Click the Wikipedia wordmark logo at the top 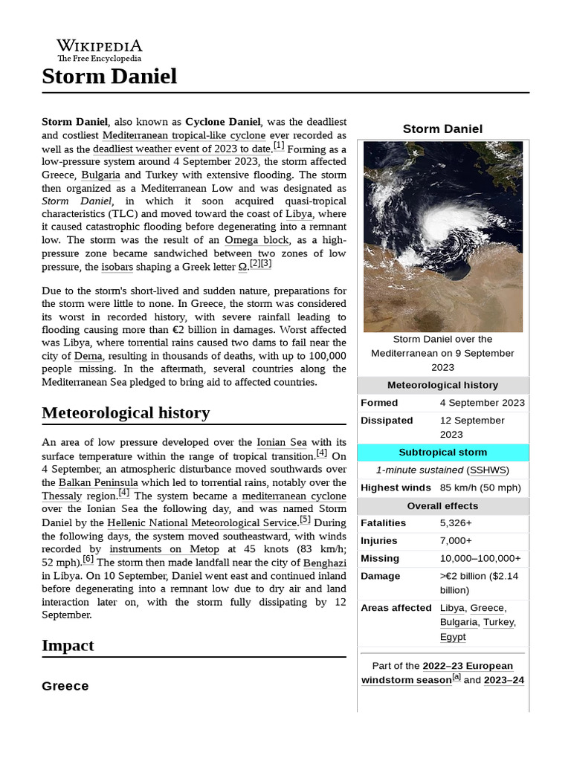[99, 50]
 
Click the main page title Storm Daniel [109, 76]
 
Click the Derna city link [88, 356]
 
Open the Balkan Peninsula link [98, 482]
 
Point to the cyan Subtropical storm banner [442, 452]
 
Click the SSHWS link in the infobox [486, 470]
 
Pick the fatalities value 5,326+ [457, 523]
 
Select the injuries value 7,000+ [456, 541]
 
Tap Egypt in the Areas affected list [453, 637]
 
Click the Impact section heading [68, 645]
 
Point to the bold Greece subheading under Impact [65, 686]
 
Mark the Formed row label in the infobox [379, 403]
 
